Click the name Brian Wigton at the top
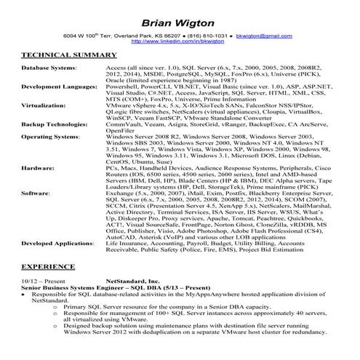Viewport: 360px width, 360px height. tap(180, 20)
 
